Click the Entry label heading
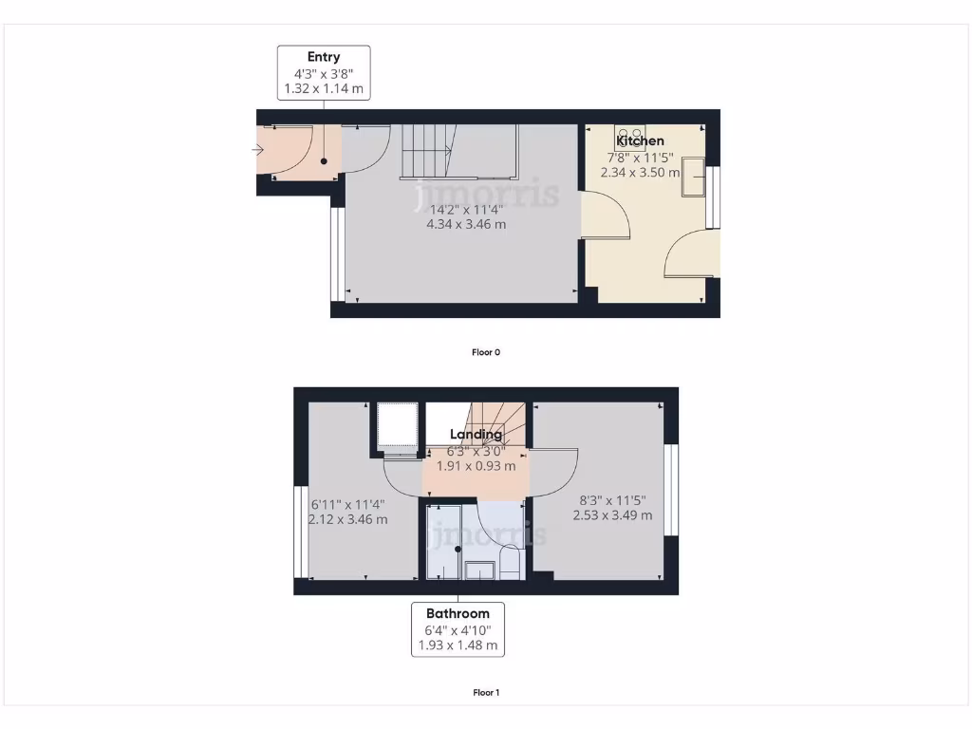pyautogui.click(x=324, y=57)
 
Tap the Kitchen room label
pyautogui.click(x=641, y=140)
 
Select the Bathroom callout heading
pyautogui.click(x=458, y=613)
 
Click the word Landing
pyautogui.click(x=476, y=435)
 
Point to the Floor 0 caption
pyautogui.click(x=486, y=352)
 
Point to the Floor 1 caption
pyautogui.click(x=486, y=693)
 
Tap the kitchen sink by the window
pyautogui.click(x=692, y=179)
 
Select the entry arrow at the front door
pyautogui.click(x=259, y=150)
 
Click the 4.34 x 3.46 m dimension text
pyautogui.click(x=466, y=225)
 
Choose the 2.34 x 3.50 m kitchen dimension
pyautogui.click(x=641, y=173)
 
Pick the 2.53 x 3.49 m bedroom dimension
pyautogui.click(x=612, y=515)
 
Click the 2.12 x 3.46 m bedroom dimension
pyautogui.click(x=348, y=519)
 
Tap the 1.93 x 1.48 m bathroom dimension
pyautogui.click(x=458, y=645)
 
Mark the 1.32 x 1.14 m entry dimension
pyautogui.click(x=324, y=89)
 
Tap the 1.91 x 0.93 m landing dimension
pyautogui.click(x=476, y=466)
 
